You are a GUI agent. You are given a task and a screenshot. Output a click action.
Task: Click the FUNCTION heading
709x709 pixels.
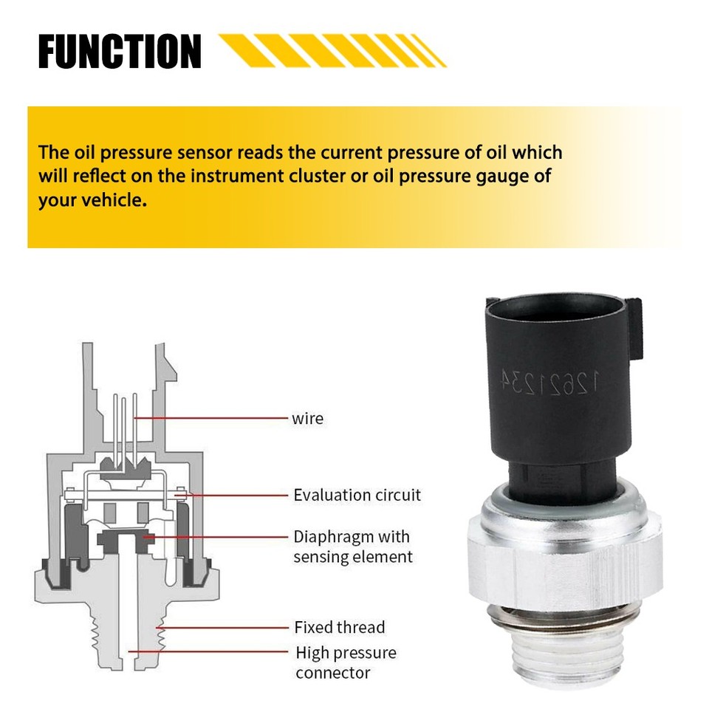pyautogui.click(x=120, y=52)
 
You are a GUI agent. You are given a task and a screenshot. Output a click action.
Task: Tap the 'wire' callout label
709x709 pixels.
pyautogui.click(x=307, y=419)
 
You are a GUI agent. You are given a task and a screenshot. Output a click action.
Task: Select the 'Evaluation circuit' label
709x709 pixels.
pyautogui.click(x=357, y=495)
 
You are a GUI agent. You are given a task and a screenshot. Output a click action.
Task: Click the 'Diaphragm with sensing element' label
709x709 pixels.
pyautogui.click(x=352, y=547)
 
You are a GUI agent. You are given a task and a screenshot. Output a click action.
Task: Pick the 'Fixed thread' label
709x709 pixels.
pyautogui.click(x=339, y=628)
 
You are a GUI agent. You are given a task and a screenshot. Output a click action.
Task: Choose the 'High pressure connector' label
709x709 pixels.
pyautogui.click(x=346, y=662)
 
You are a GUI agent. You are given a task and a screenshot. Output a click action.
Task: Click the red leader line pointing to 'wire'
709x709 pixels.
pyautogui.click(x=214, y=418)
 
